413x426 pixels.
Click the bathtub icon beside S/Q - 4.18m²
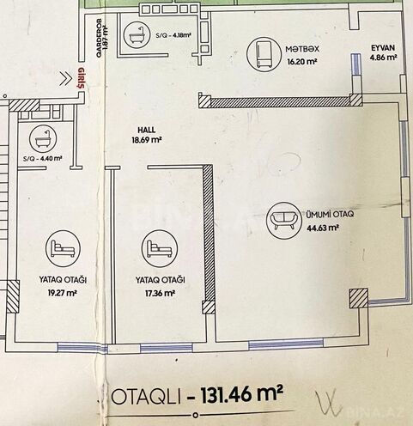tap(135, 35)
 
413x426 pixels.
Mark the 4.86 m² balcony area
tap(383, 58)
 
